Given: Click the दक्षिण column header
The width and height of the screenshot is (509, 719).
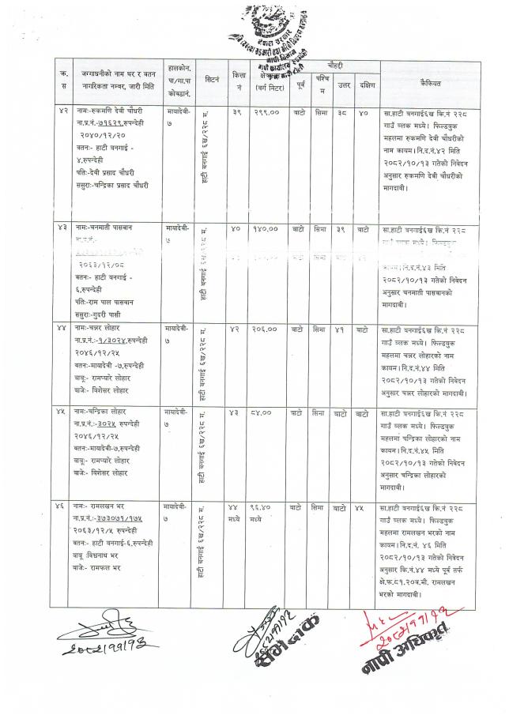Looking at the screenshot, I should point(365,84).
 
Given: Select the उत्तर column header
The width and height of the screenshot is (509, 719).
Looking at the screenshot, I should point(343,84).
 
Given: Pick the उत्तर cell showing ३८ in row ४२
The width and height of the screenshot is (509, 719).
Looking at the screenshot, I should point(343,113).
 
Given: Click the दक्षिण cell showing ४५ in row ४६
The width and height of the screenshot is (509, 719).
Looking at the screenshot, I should point(364,504).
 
